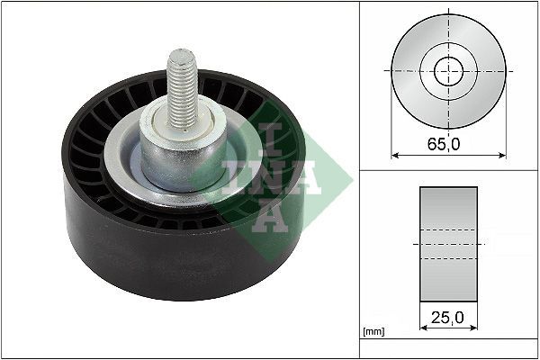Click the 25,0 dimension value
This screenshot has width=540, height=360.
coord(447,317)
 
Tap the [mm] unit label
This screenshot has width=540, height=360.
coord(373,332)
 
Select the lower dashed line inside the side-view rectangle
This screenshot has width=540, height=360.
coord(448,259)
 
